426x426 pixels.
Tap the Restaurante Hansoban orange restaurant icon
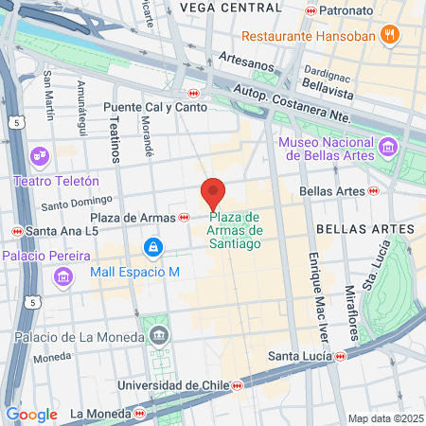click(388, 36)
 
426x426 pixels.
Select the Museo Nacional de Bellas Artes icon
click(386, 148)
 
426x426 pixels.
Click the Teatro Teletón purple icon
click(40, 154)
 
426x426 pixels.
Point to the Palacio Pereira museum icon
click(62, 275)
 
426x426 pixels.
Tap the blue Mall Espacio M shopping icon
click(151, 247)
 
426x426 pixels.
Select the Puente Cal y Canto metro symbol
click(193, 93)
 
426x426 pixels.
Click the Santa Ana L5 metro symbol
click(16, 231)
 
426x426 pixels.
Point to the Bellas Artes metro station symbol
click(374, 191)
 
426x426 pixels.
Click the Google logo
click(31, 414)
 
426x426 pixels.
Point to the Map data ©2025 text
click(384, 418)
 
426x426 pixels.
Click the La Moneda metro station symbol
click(140, 414)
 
